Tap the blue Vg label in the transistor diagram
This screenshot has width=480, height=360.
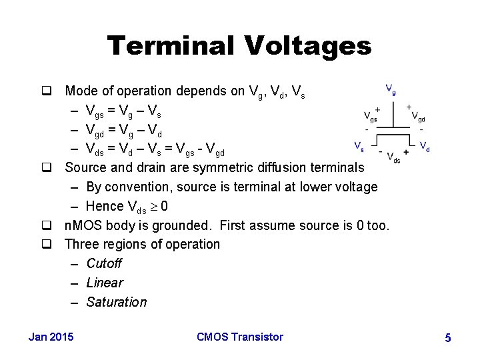tap(391, 89)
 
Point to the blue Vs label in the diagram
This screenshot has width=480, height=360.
tap(359, 145)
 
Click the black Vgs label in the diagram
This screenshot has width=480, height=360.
tap(370, 117)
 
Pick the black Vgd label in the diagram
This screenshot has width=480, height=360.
tap(419, 117)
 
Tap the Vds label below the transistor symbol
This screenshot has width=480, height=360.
tap(393, 159)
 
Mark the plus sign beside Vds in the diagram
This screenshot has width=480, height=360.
tap(406, 152)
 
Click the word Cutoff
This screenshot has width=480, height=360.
tap(104, 263)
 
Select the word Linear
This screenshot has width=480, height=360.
tap(105, 283)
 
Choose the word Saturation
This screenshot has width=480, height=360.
tap(117, 302)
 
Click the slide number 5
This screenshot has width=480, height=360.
tap(448, 339)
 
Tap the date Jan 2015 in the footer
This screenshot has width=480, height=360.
tap(51, 337)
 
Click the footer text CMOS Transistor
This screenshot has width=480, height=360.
tap(240, 337)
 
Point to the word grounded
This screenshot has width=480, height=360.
tap(182, 225)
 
